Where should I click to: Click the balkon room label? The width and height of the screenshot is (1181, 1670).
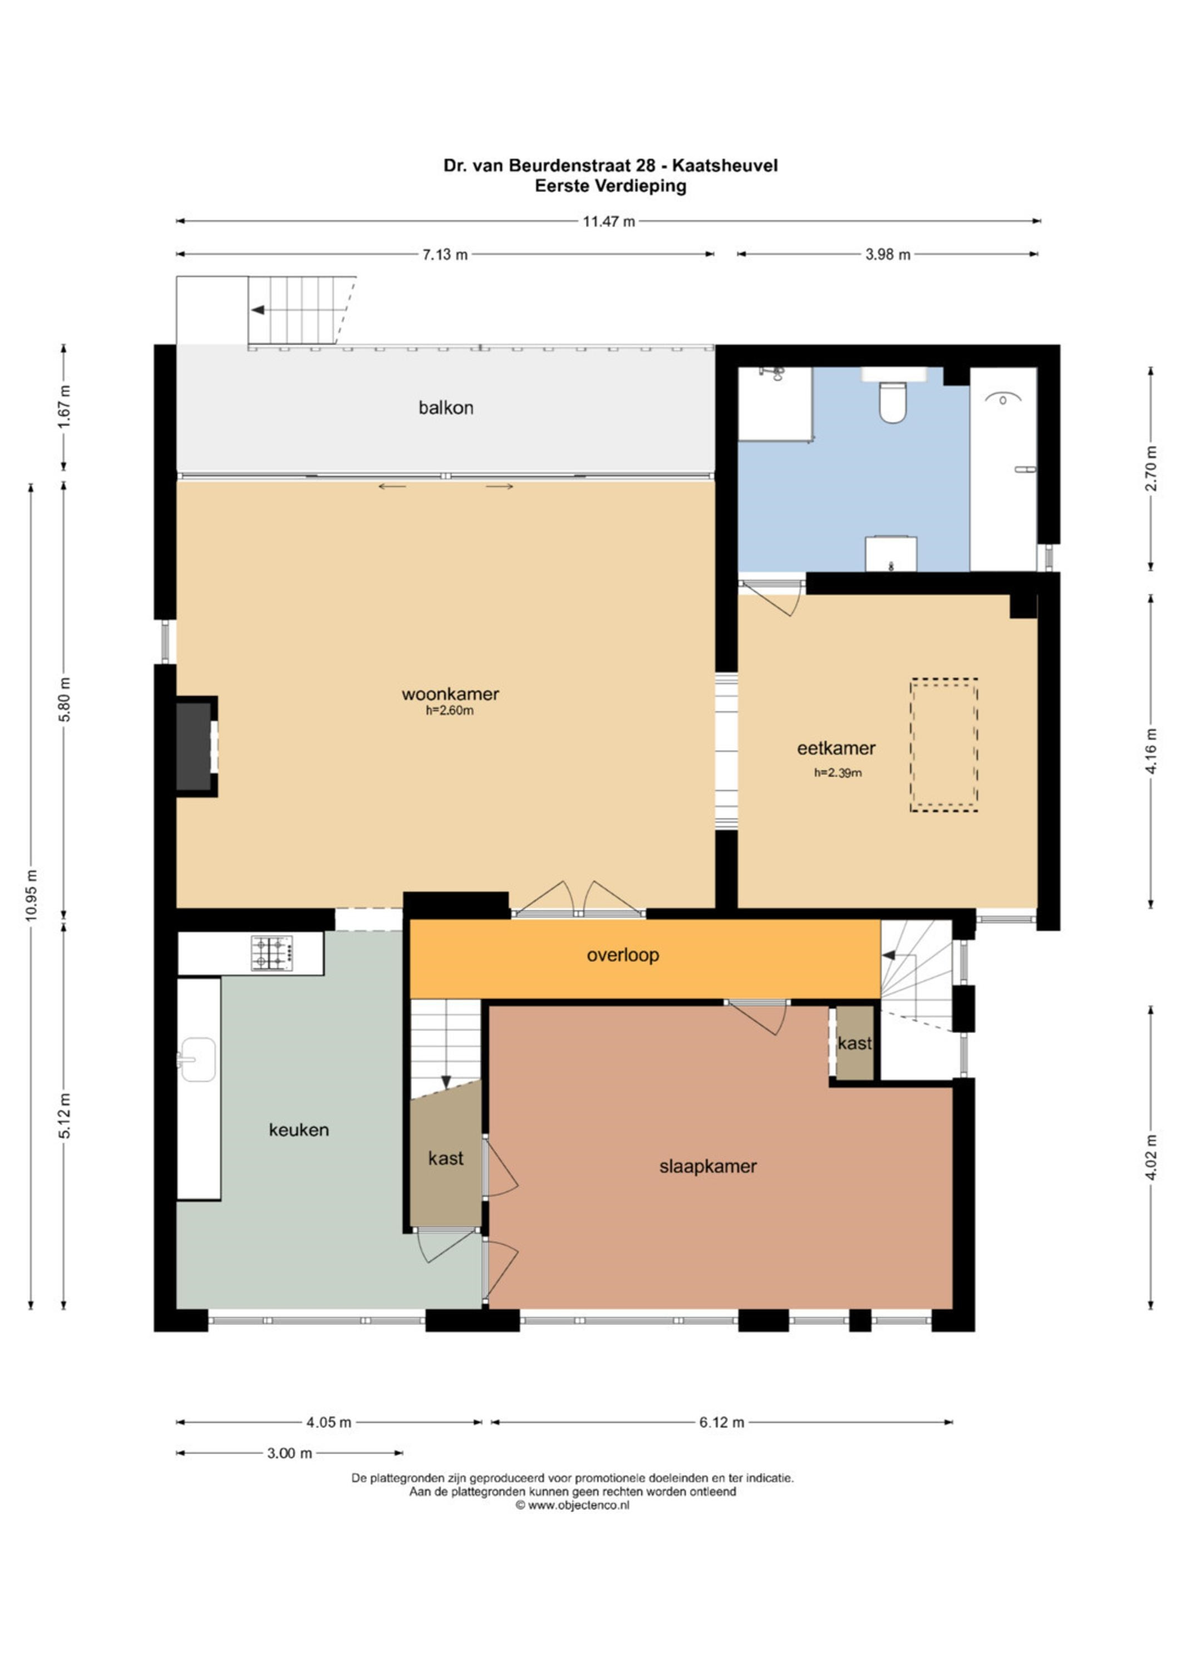point(446,408)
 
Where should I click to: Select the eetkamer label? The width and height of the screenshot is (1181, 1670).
point(836,748)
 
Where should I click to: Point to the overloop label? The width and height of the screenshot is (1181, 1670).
point(623,955)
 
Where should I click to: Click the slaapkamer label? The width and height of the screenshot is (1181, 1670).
point(707,1167)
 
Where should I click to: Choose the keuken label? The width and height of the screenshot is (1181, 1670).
point(299,1130)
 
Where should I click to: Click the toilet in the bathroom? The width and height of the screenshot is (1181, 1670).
point(892,403)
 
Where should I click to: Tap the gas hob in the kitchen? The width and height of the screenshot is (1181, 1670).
point(273,953)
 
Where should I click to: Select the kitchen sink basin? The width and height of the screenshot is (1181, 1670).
point(197,1060)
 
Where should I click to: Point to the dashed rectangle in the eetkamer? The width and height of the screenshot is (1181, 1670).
point(944,745)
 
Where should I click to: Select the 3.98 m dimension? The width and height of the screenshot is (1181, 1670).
point(888,254)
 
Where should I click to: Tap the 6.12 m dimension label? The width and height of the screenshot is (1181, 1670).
point(722,1422)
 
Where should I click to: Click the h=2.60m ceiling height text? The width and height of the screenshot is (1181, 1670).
point(450,711)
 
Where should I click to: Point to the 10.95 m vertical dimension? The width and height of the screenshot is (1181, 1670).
point(31,895)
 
